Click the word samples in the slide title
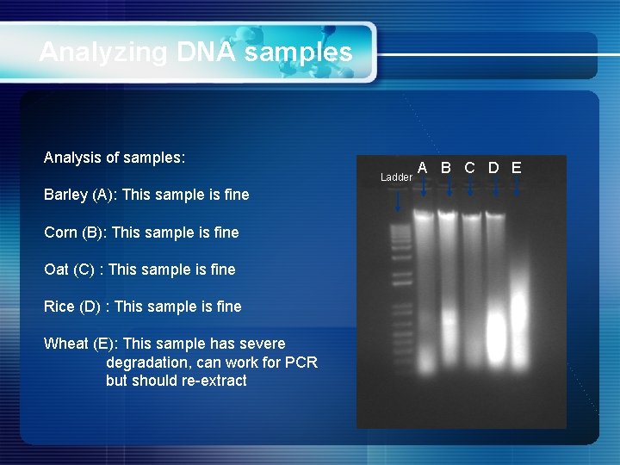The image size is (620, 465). pyautogui.click(x=298, y=53)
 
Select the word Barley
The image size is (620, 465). pyautogui.click(x=65, y=195)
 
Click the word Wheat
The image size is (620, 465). pyautogui.click(x=66, y=344)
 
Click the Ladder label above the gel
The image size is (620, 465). pyautogui.click(x=396, y=177)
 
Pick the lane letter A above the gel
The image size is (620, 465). pyautogui.click(x=424, y=167)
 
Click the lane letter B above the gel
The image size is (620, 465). pyautogui.click(x=447, y=167)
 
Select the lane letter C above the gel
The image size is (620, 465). pyautogui.click(x=470, y=167)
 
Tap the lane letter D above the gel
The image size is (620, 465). pyautogui.click(x=493, y=167)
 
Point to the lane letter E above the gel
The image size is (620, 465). pyautogui.click(x=516, y=167)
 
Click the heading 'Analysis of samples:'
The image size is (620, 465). pyautogui.click(x=115, y=158)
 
